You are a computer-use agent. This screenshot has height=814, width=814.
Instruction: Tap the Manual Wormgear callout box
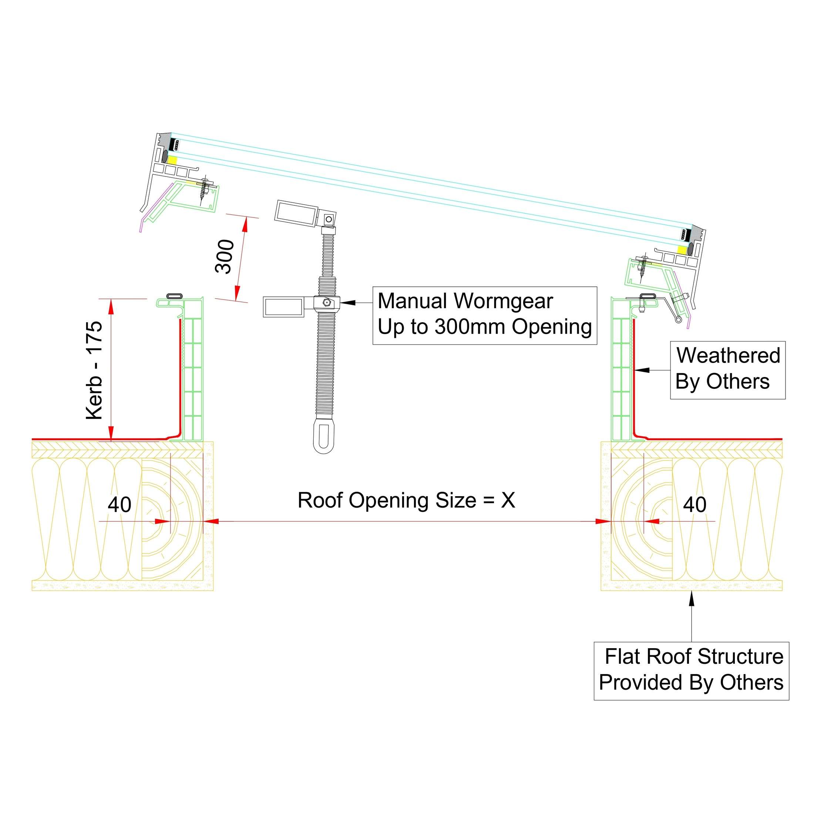click(485, 315)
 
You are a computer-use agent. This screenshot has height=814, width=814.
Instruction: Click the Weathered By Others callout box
click(728, 370)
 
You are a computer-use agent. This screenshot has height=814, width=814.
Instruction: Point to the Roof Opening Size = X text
click(406, 501)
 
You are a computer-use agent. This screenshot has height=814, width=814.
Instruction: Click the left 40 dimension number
click(119, 504)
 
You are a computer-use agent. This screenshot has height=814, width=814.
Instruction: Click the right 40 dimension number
click(694, 504)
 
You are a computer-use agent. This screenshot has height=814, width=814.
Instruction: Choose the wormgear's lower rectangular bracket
click(283, 306)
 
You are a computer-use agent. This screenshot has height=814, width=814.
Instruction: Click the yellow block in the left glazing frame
click(172, 160)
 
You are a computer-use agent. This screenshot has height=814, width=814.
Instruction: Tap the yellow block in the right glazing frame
click(681, 249)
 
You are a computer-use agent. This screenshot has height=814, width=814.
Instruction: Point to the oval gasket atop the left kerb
click(175, 295)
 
